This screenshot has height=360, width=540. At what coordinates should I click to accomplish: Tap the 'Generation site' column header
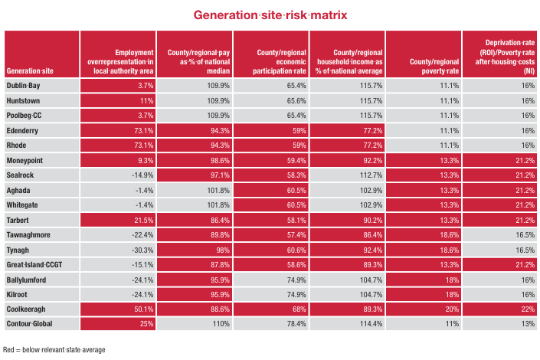tap(29, 70)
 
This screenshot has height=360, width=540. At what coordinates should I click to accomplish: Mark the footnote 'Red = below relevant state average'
tap(54, 349)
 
